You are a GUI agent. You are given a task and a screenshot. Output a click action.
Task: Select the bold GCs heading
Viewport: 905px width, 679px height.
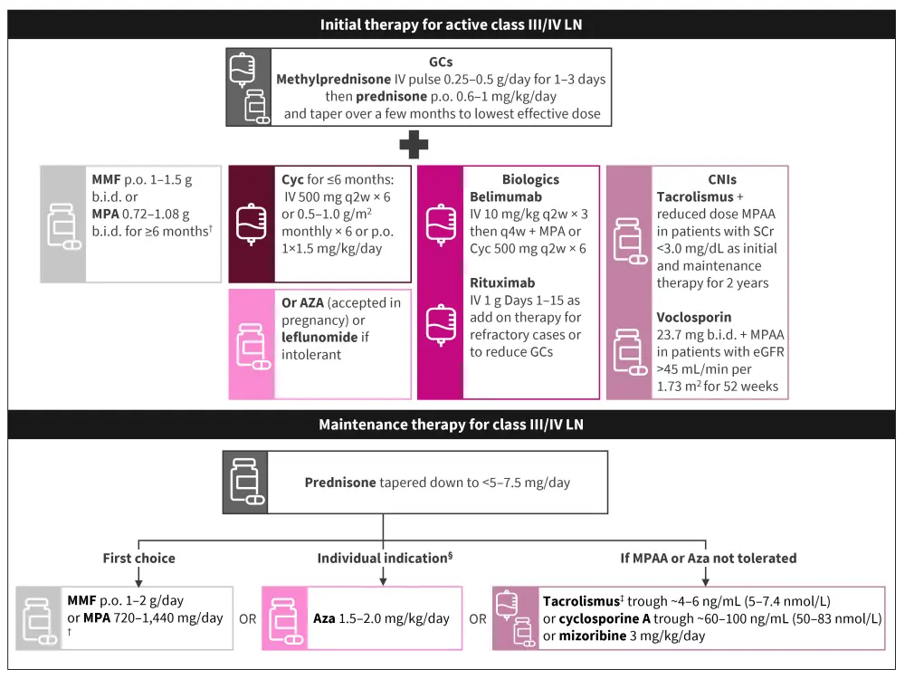[441, 62]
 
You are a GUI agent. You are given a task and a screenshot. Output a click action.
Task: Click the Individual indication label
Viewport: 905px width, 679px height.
[380, 558]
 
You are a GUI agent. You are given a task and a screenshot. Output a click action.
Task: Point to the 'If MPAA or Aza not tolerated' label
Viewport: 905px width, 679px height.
[707, 558]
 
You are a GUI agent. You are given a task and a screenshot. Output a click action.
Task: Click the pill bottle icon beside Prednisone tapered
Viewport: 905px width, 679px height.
[245, 482]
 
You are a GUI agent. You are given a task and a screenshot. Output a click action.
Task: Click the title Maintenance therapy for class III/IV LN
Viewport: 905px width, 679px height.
[452, 423]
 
